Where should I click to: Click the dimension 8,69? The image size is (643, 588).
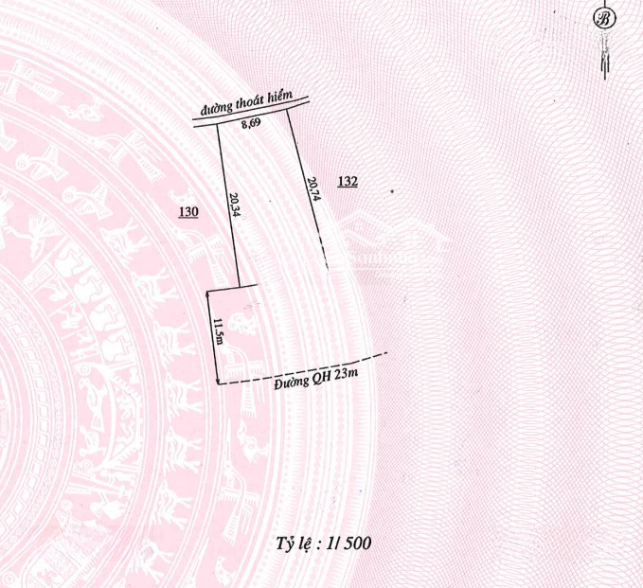point(251,123)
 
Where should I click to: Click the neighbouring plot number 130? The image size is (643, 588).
point(188,212)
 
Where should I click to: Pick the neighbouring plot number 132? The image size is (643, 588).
point(348,181)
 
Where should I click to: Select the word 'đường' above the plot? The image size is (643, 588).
point(217,108)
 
